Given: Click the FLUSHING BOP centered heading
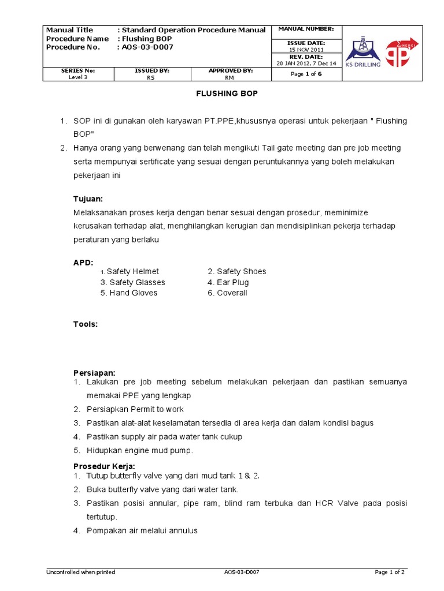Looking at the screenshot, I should coord(226,93).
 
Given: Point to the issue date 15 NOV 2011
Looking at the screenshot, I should coord(306,50).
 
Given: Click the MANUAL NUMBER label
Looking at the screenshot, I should coord(306,29).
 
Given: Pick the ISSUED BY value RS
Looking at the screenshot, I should coord(151,77).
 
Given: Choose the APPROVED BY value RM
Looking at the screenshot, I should coord(230,77).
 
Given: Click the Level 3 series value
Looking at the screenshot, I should coord(78,77).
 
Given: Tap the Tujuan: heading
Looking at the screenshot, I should coord(88,199).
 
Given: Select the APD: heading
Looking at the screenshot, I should coord(83,262).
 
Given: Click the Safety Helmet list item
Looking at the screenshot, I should coord(132,271).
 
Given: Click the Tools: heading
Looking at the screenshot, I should coord(86,324).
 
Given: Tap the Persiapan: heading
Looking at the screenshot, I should coord(94,372).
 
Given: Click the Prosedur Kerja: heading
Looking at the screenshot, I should coord(104,466).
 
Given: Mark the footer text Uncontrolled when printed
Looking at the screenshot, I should coord(80,572).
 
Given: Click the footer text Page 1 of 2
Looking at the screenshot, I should coord(390,572).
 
